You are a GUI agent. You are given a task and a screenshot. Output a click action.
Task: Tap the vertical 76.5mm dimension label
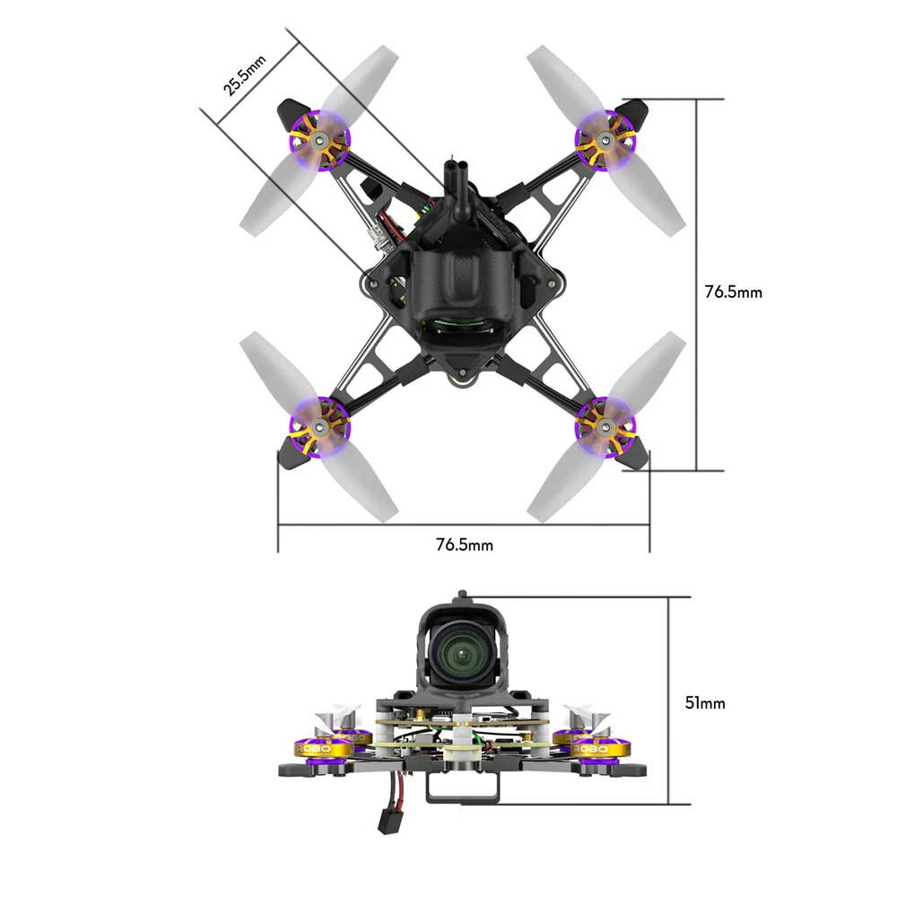tap(733, 292)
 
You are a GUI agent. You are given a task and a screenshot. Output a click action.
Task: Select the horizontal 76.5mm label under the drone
tap(464, 544)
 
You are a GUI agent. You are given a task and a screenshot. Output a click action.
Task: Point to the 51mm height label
tap(704, 702)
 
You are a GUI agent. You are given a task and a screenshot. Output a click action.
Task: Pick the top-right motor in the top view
tap(606, 140)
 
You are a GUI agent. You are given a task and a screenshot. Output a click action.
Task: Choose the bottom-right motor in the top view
tap(606, 422)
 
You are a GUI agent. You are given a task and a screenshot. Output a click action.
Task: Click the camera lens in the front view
tap(462, 653)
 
